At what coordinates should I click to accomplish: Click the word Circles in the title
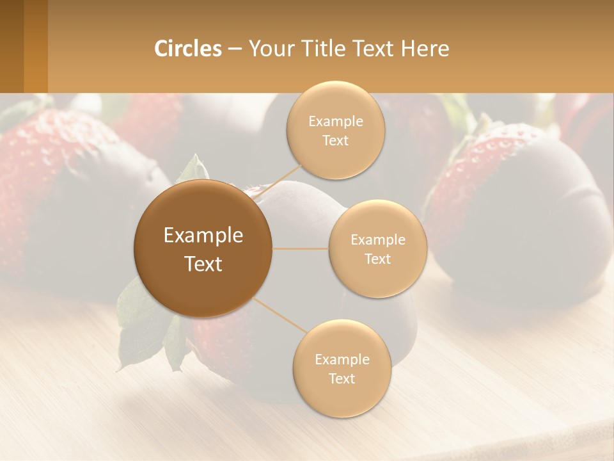[x=188, y=49]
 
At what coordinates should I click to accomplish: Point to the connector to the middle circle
[x=300, y=248]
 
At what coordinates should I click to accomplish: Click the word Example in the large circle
[x=203, y=236]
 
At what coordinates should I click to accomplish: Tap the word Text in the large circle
[x=203, y=264]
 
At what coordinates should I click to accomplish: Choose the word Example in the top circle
[x=336, y=122]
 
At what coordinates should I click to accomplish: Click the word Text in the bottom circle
[x=342, y=378]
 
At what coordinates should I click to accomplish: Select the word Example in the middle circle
[x=378, y=240]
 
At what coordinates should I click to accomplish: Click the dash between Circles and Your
[x=235, y=49]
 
